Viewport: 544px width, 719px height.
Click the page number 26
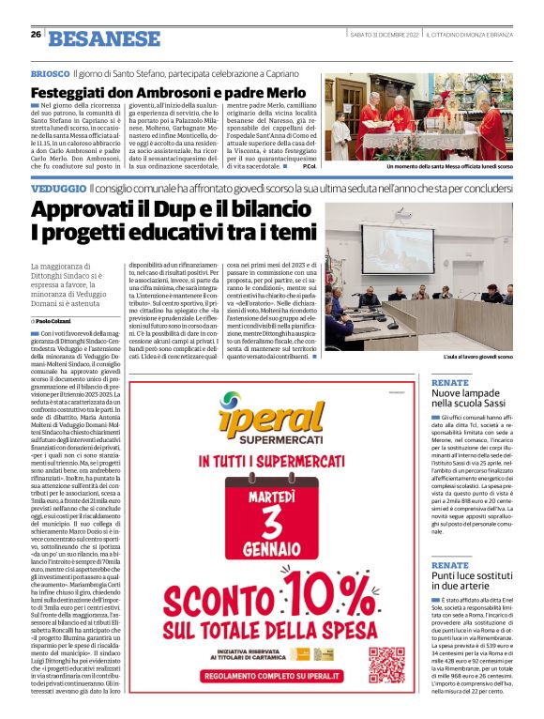point(36,36)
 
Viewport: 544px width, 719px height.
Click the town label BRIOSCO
point(50,72)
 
